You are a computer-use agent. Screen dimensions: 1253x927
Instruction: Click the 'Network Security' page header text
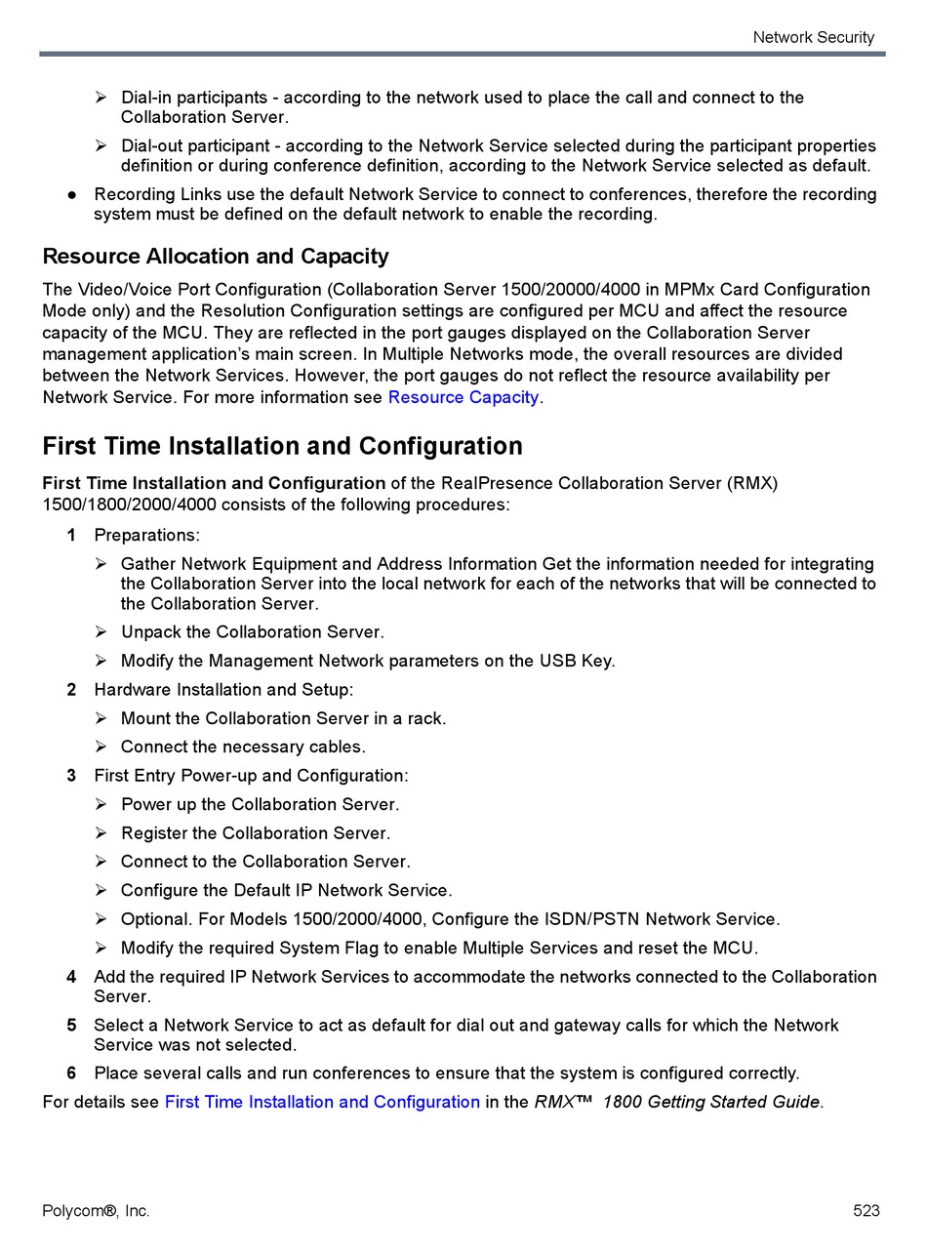tap(813, 37)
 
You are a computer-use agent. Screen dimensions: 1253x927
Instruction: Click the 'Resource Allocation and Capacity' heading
tap(216, 257)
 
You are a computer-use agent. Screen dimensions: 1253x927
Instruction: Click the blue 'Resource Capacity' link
tap(463, 397)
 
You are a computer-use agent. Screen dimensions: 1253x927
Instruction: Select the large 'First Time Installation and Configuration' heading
tap(282, 446)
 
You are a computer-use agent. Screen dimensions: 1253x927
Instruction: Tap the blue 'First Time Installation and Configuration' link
tap(322, 1102)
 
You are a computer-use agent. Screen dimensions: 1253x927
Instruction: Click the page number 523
tap(866, 1211)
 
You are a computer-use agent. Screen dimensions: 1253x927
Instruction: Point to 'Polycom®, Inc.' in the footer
tap(96, 1211)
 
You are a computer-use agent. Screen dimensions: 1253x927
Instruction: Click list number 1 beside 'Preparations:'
tap(71, 535)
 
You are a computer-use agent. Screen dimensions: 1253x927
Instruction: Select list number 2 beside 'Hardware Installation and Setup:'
tap(71, 690)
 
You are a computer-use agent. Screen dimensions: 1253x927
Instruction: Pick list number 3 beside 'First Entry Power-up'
tap(71, 776)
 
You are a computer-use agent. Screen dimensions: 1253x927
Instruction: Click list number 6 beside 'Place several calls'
tap(71, 1073)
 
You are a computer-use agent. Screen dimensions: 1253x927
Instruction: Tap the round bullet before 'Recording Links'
tap(72, 195)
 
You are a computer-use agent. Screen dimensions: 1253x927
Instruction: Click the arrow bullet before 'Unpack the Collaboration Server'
tap(101, 632)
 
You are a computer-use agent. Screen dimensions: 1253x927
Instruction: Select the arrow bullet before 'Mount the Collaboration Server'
tap(101, 718)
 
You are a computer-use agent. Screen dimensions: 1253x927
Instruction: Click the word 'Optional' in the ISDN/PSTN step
tap(154, 919)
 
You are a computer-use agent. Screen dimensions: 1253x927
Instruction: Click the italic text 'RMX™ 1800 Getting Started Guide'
tap(677, 1102)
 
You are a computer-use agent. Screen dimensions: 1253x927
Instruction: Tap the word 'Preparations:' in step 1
tap(146, 535)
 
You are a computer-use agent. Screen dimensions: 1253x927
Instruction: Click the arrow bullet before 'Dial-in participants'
tap(101, 98)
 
